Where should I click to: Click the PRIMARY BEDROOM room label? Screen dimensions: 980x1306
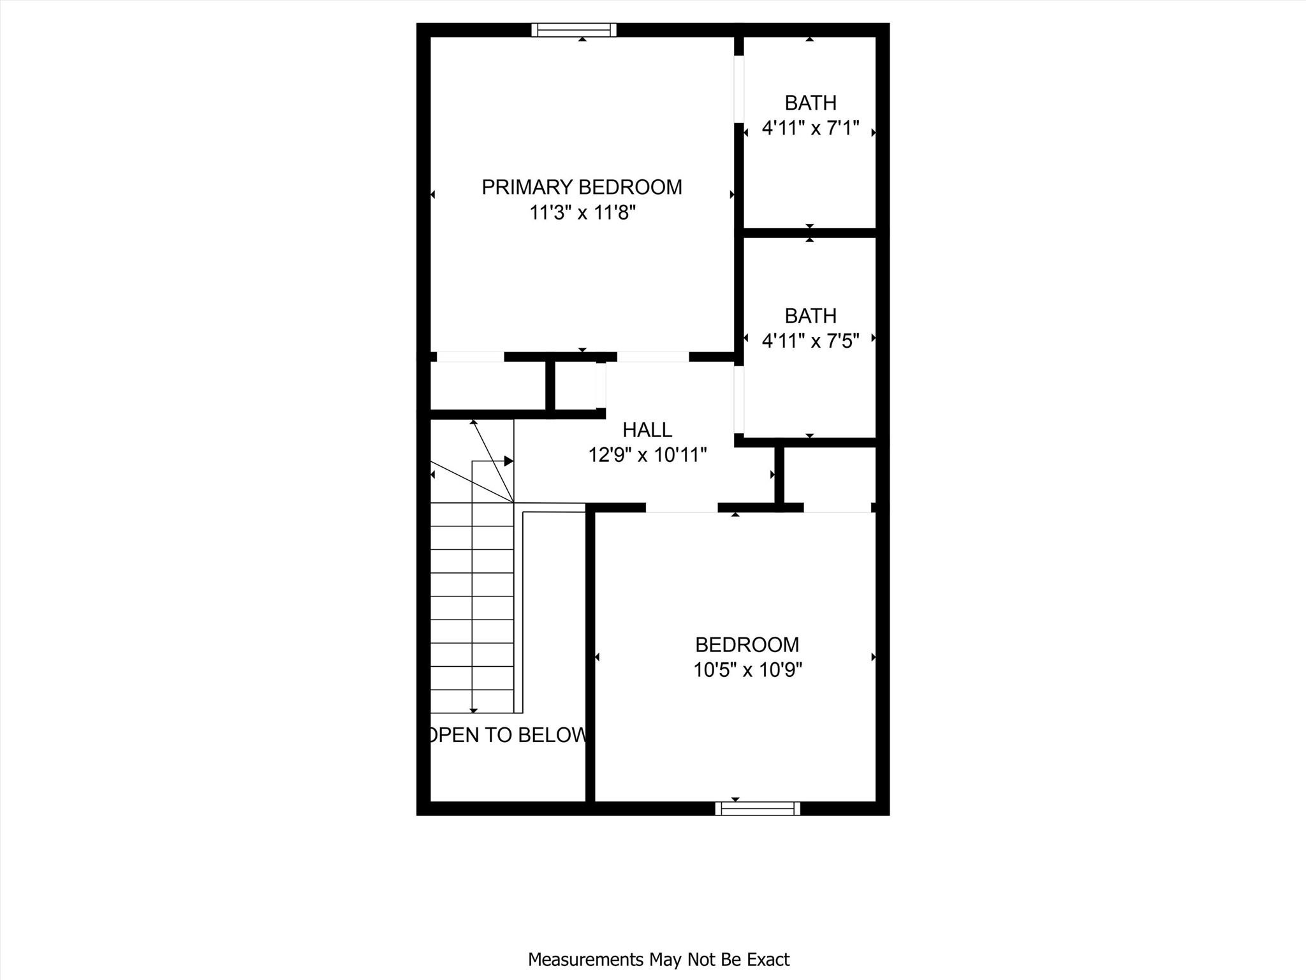[582, 187]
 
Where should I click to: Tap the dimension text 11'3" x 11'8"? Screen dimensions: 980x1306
[583, 212]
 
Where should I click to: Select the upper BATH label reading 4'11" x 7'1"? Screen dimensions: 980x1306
[811, 103]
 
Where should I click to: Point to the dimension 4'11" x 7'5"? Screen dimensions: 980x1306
[811, 341]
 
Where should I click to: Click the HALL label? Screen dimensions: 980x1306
[647, 429]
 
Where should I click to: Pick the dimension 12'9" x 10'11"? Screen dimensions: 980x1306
[647, 455]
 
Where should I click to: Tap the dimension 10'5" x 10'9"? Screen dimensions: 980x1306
[747, 670]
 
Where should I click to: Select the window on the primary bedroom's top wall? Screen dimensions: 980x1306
[574, 30]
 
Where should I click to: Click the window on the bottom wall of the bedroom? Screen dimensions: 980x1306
[758, 808]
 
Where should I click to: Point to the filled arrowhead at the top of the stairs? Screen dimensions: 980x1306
[509, 461]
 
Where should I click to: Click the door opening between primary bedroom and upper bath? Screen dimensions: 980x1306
[739, 90]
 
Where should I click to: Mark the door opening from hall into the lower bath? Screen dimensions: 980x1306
[739, 399]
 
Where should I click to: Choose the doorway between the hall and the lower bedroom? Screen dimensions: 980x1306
[682, 508]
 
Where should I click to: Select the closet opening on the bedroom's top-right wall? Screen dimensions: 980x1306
[837, 508]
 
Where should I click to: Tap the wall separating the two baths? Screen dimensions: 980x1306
[810, 233]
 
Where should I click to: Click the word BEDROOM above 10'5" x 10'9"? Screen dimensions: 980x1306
[747, 645]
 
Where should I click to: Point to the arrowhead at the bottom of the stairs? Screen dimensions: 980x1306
[473, 709]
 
